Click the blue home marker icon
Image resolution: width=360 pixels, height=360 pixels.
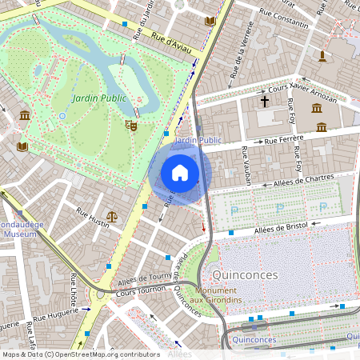pyautogui.click(x=180, y=173)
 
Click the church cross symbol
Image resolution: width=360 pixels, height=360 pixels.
pyautogui.click(x=265, y=102)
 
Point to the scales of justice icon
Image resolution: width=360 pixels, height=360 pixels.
pyautogui.click(x=112, y=216)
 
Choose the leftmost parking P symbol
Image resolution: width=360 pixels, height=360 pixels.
pyautogui.click(x=235, y=210)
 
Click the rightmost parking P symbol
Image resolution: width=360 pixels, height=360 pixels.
pyautogui.click(x=322, y=207)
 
